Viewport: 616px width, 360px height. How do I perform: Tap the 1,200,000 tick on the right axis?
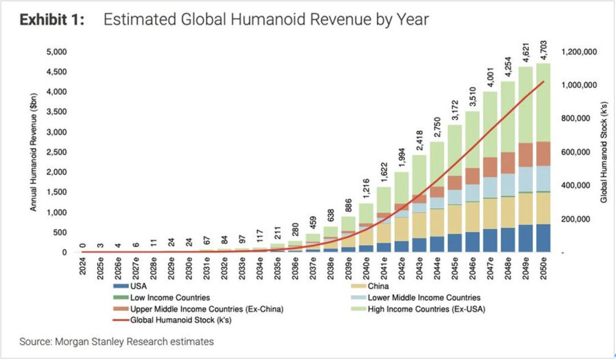tap(579, 52)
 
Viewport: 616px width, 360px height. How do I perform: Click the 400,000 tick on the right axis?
tap(579, 186)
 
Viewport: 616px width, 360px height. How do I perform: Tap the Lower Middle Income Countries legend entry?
tap(424, 298)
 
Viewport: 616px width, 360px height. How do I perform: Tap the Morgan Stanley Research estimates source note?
tap(117, 342)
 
